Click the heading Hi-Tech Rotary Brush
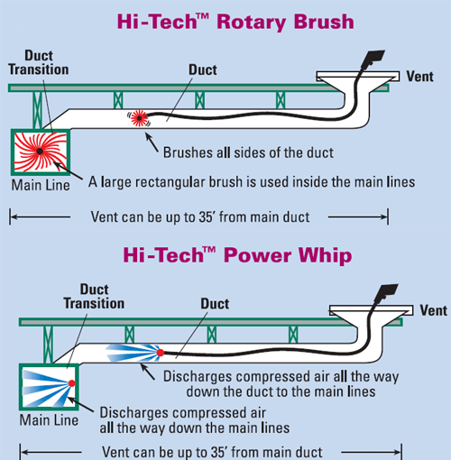[235, 22]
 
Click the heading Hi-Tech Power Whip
[237, 255]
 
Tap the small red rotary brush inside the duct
[139, 118]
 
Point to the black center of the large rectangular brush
[40, 152]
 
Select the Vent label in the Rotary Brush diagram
[419, 77]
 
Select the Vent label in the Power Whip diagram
[434, 310]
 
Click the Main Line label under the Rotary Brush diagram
[41, 185]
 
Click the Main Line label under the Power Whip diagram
[49, 420]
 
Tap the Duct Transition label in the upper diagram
[39, 62]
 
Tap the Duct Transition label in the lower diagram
[94, 297]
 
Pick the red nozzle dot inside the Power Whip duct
[161, 353]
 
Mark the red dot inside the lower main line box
[72, 383]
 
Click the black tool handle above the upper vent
[373, 58]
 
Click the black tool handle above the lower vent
[385, 292]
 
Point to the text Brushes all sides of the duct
[248, 152]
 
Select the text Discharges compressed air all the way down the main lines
[195, 420]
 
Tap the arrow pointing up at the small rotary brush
[152, 143]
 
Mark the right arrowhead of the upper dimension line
[384, 216]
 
